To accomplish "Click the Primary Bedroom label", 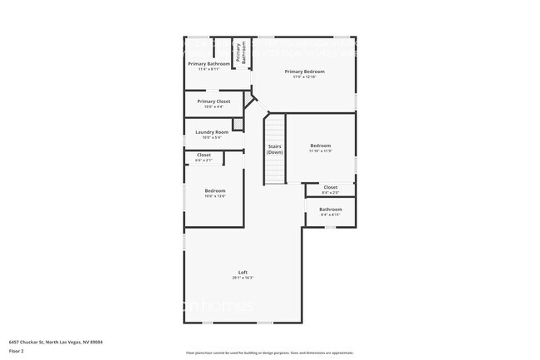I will tap(304, 72).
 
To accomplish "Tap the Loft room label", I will tap(243, 272).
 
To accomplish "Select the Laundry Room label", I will tap(212, 132).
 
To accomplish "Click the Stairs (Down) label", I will tap(275, 150).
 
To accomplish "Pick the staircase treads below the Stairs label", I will tap(275, 170).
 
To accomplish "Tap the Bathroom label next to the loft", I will tap(331, 209).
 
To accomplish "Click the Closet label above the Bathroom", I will tap(331, 187).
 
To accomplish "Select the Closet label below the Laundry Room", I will tap(204, 155).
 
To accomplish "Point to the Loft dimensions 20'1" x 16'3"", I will tap(243, 279).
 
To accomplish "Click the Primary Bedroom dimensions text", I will tap(304, 77).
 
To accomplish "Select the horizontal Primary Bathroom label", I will tap(209, 64).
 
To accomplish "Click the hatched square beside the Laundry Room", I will tap(238, 125).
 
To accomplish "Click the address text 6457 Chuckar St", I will tap(56, 342).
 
